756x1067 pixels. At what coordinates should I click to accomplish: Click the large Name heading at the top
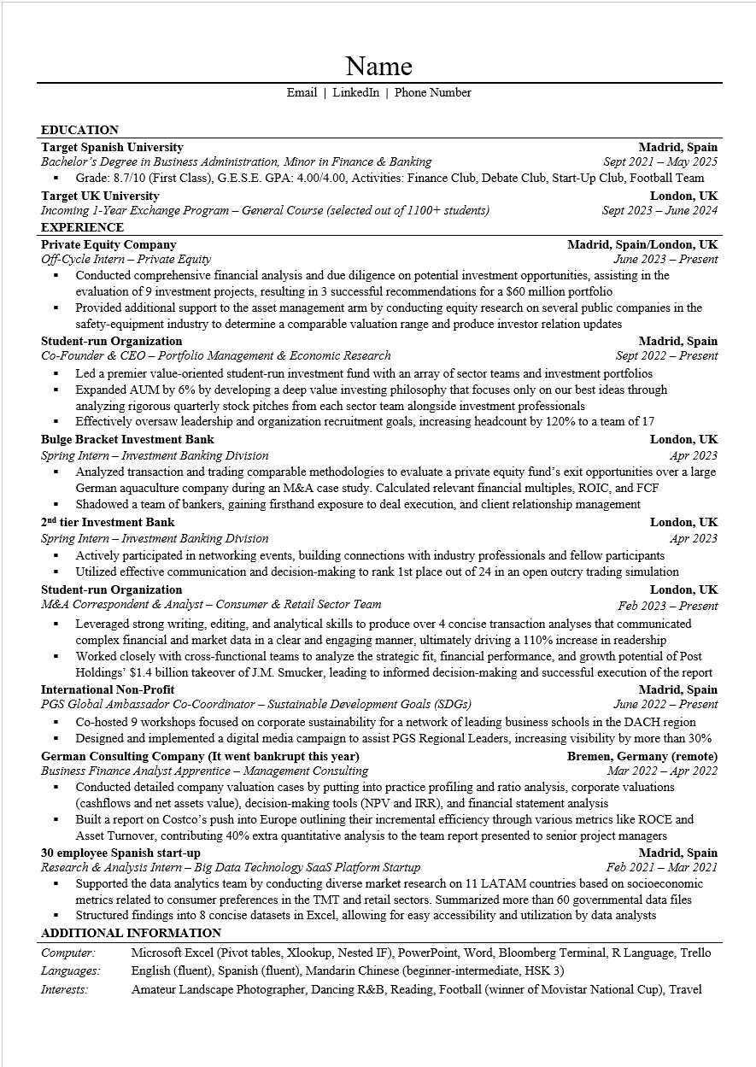click(x=378, y=66)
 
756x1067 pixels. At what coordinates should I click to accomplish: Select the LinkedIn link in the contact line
click(x=355, y=92)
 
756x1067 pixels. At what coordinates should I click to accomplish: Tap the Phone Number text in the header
click(x=432, y=92)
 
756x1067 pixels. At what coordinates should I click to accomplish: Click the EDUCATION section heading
click(x=79, y=130)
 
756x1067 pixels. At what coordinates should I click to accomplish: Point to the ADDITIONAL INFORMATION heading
click(x=131, y=933)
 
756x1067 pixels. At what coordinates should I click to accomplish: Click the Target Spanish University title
click(x=112, y=147)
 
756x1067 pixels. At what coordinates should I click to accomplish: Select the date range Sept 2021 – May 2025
click(x=659, y=161)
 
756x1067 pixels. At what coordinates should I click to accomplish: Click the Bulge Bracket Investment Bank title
click(x=127, y=439)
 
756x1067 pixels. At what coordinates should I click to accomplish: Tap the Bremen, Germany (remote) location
click(x=642, y=756)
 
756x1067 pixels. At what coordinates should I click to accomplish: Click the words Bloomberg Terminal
click(x=552, y=953)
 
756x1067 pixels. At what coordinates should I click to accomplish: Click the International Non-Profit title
click(x=108, y=689)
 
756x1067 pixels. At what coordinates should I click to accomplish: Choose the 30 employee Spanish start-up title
click(x=120, y=853)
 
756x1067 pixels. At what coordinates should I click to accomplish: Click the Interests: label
click(x=65, y=989)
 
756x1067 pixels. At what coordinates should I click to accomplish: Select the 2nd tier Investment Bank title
click(x=108, y=522)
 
